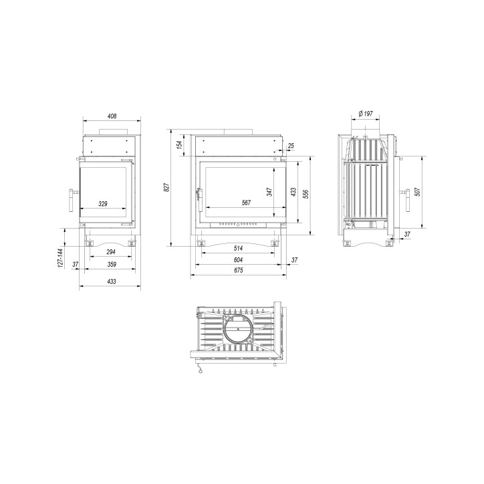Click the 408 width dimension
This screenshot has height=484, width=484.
(x=112, y=116)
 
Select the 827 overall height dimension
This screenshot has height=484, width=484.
(x=166, y=188)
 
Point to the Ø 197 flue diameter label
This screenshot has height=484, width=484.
(x=366, y=114)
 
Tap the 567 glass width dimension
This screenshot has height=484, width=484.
(x=246, y=203)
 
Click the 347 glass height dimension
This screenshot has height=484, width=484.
(x=270, y=192)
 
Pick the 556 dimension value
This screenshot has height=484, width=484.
(x=306, y=194)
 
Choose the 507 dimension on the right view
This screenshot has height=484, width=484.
(x=418, y=192)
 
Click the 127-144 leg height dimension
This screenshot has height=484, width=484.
(x=60, y=257)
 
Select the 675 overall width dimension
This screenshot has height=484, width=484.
(x=238, y=270)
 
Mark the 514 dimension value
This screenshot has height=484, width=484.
(x=238, y=248)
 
